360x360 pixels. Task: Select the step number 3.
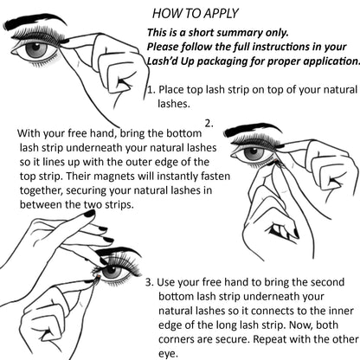coord(149,282)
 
